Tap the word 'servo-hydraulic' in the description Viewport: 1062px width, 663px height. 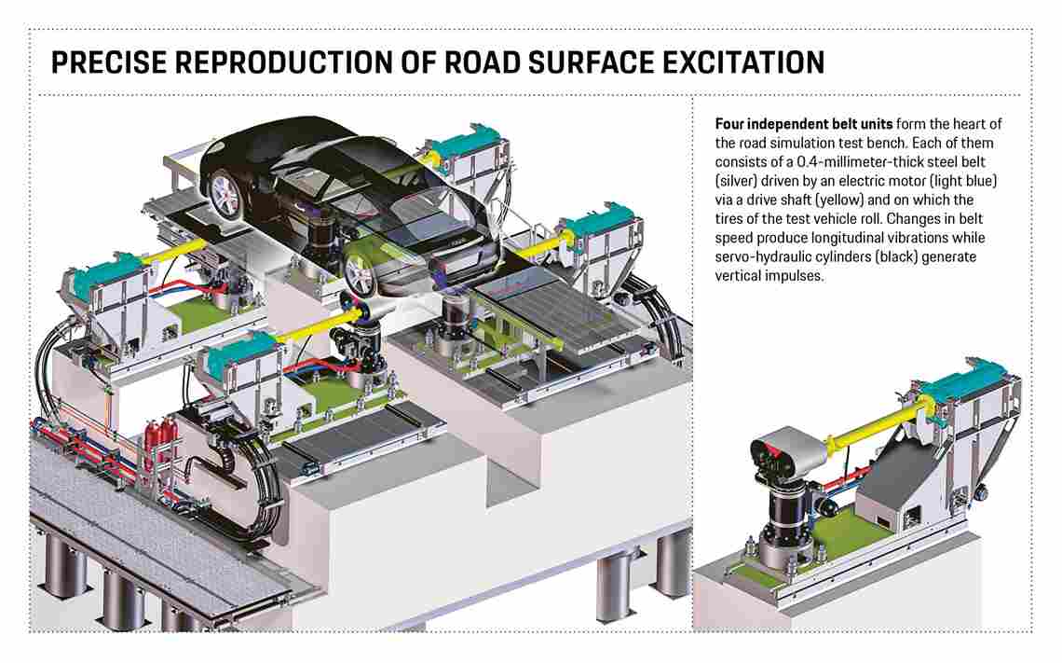click(758, 256)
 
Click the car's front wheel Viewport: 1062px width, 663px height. click(359, 271)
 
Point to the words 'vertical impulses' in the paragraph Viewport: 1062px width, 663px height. click(769, 276)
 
